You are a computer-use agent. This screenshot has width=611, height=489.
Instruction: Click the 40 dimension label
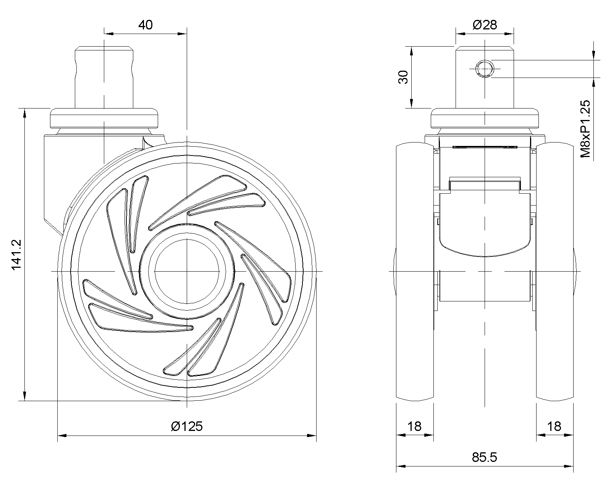[145, 25]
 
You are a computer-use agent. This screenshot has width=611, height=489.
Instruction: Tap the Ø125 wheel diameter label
[187, 426]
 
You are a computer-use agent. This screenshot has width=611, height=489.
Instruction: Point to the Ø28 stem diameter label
[485, 25]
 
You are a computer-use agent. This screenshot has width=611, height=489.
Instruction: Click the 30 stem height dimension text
[403, 77]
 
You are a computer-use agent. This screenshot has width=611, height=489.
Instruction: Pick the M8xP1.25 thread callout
[585, 129]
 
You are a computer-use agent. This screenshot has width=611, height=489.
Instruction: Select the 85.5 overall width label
[484, 457]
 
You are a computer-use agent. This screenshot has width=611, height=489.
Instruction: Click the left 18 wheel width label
[415, 426]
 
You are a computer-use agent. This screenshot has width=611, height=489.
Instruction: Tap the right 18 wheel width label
[554, 426]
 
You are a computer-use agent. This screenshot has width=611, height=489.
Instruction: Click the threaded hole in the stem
[485, 69]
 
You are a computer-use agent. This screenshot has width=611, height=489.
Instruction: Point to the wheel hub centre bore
[187, 271]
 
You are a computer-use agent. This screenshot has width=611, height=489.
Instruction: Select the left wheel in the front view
[415, 271]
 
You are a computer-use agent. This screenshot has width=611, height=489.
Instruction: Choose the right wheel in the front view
[555, 271]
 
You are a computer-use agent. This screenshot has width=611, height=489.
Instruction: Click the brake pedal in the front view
[485, 225]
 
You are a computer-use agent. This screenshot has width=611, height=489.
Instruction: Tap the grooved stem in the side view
[104, 77]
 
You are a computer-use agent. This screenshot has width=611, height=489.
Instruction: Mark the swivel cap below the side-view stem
[104, 118]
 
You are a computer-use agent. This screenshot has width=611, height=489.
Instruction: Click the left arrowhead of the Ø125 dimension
[62, 435]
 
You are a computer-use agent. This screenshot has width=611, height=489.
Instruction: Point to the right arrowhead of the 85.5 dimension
[569, 466]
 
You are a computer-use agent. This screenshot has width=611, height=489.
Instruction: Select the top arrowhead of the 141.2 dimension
[25, 113]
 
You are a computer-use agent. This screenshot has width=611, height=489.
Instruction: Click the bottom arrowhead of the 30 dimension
[412, 104]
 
